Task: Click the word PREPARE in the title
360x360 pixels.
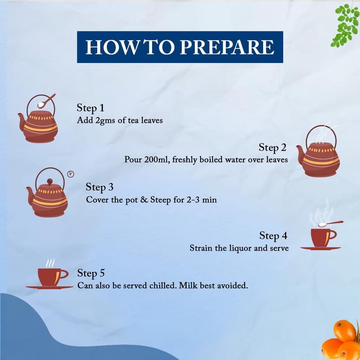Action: [227, 47]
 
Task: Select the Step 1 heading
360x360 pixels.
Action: [90, 108]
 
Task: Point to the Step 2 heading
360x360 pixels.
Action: [273, 148]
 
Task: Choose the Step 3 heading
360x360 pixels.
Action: [99, 187]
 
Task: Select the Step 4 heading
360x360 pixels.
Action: [273, 235]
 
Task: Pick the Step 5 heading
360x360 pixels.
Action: [91, 273]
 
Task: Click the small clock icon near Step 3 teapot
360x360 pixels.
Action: [71, 174]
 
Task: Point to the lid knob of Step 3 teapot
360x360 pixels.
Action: [50, 182]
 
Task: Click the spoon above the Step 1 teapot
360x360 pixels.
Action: [46, 101]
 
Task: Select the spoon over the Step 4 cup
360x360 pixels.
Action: [331, 224]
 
